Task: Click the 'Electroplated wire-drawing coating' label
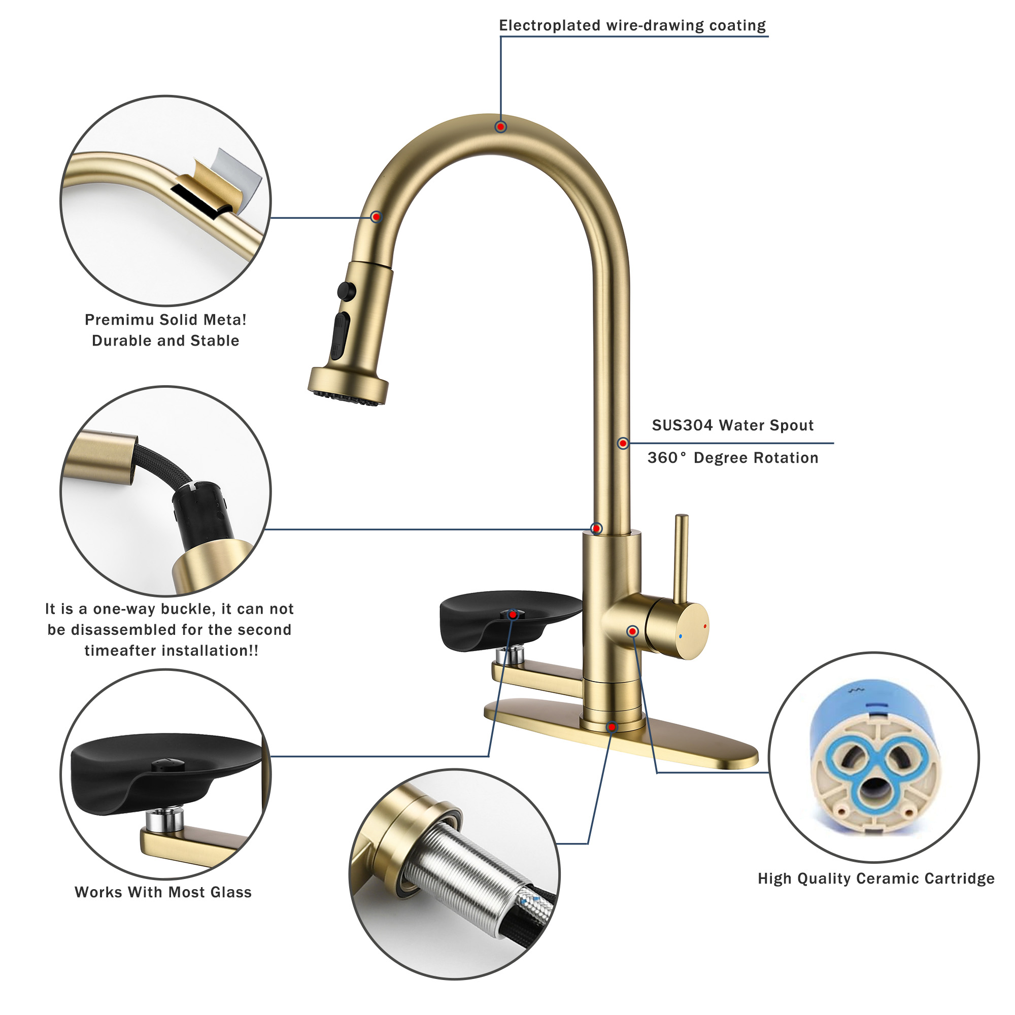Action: pos(632,26)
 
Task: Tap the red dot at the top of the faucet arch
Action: pos(501,126)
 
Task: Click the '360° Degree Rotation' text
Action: pos(732,458)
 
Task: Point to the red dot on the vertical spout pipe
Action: pos(623,444)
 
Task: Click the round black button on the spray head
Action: pos(346,290)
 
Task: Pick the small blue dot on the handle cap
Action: pos(681,636)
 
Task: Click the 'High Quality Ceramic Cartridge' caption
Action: pos(876,878)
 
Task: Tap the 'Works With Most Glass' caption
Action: pos(163,892)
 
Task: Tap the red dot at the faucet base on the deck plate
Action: pos(612,727)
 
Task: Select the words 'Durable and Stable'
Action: pos(165,341)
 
